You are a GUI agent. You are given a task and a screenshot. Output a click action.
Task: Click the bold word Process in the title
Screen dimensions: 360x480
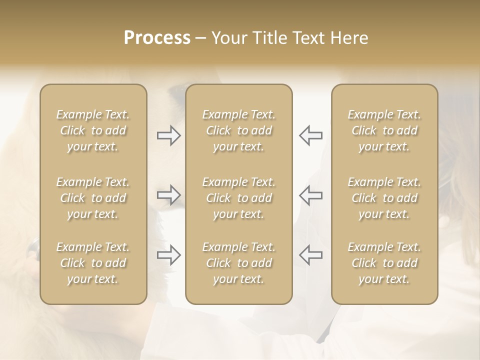coord(157,38)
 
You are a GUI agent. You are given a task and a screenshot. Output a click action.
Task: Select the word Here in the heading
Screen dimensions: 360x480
coord(349,38)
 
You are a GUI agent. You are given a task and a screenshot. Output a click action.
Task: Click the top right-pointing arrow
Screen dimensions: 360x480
coord(169,135)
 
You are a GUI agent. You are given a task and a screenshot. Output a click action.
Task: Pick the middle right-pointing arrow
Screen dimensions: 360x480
coord(169,195)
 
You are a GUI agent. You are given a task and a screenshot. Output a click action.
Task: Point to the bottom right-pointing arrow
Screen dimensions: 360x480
coord(169,255)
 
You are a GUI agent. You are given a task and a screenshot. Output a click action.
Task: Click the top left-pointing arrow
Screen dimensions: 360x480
coord(311,135)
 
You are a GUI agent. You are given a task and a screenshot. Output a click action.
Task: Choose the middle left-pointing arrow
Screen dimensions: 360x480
coord(311,195)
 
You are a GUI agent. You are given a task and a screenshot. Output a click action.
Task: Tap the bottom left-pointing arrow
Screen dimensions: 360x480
coord(311,255)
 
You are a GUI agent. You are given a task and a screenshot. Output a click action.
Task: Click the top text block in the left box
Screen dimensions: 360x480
coord(93,130)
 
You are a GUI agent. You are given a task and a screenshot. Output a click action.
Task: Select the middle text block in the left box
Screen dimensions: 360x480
coord(93,198)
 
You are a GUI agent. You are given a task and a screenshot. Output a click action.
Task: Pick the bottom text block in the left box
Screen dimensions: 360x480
coord(93,263)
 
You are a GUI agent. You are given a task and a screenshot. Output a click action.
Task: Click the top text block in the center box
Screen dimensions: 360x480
coord(239,130)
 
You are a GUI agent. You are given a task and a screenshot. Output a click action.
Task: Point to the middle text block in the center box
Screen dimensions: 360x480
coord(239,198)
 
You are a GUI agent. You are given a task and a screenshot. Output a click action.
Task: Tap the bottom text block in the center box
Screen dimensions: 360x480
coord(239,263)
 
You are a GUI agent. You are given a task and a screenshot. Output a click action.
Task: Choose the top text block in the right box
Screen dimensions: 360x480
coord(384,130)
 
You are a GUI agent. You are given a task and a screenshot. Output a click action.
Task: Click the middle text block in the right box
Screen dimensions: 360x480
coord(384,198)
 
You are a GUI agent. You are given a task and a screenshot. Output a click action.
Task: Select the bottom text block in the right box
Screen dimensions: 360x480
coord(384,263)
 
